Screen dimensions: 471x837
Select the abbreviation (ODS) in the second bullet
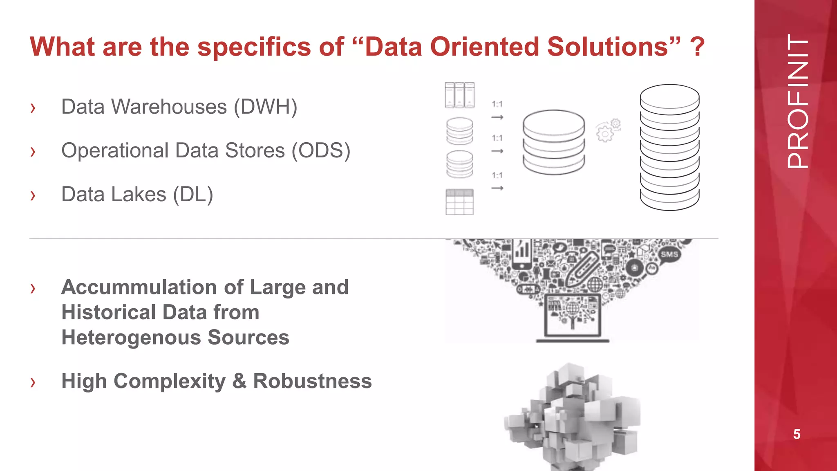[321, 151]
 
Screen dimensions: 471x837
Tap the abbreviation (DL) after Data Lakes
[193, 195]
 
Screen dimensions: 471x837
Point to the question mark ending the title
[697, 47]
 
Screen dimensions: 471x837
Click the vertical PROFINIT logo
[797, 101]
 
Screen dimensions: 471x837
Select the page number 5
[797, 434]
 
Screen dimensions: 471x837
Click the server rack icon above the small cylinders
[460, 95]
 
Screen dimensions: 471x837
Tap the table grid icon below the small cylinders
[460, 202]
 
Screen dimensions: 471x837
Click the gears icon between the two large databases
[608, 130]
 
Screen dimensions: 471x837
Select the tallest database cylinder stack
[669, 147]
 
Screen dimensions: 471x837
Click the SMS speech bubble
[669, 254]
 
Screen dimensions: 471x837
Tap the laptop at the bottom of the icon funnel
[573, 317]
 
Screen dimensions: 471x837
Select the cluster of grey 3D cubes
[572, 417]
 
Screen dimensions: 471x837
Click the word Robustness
[312, 381]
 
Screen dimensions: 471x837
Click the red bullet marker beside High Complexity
[33, 382]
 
